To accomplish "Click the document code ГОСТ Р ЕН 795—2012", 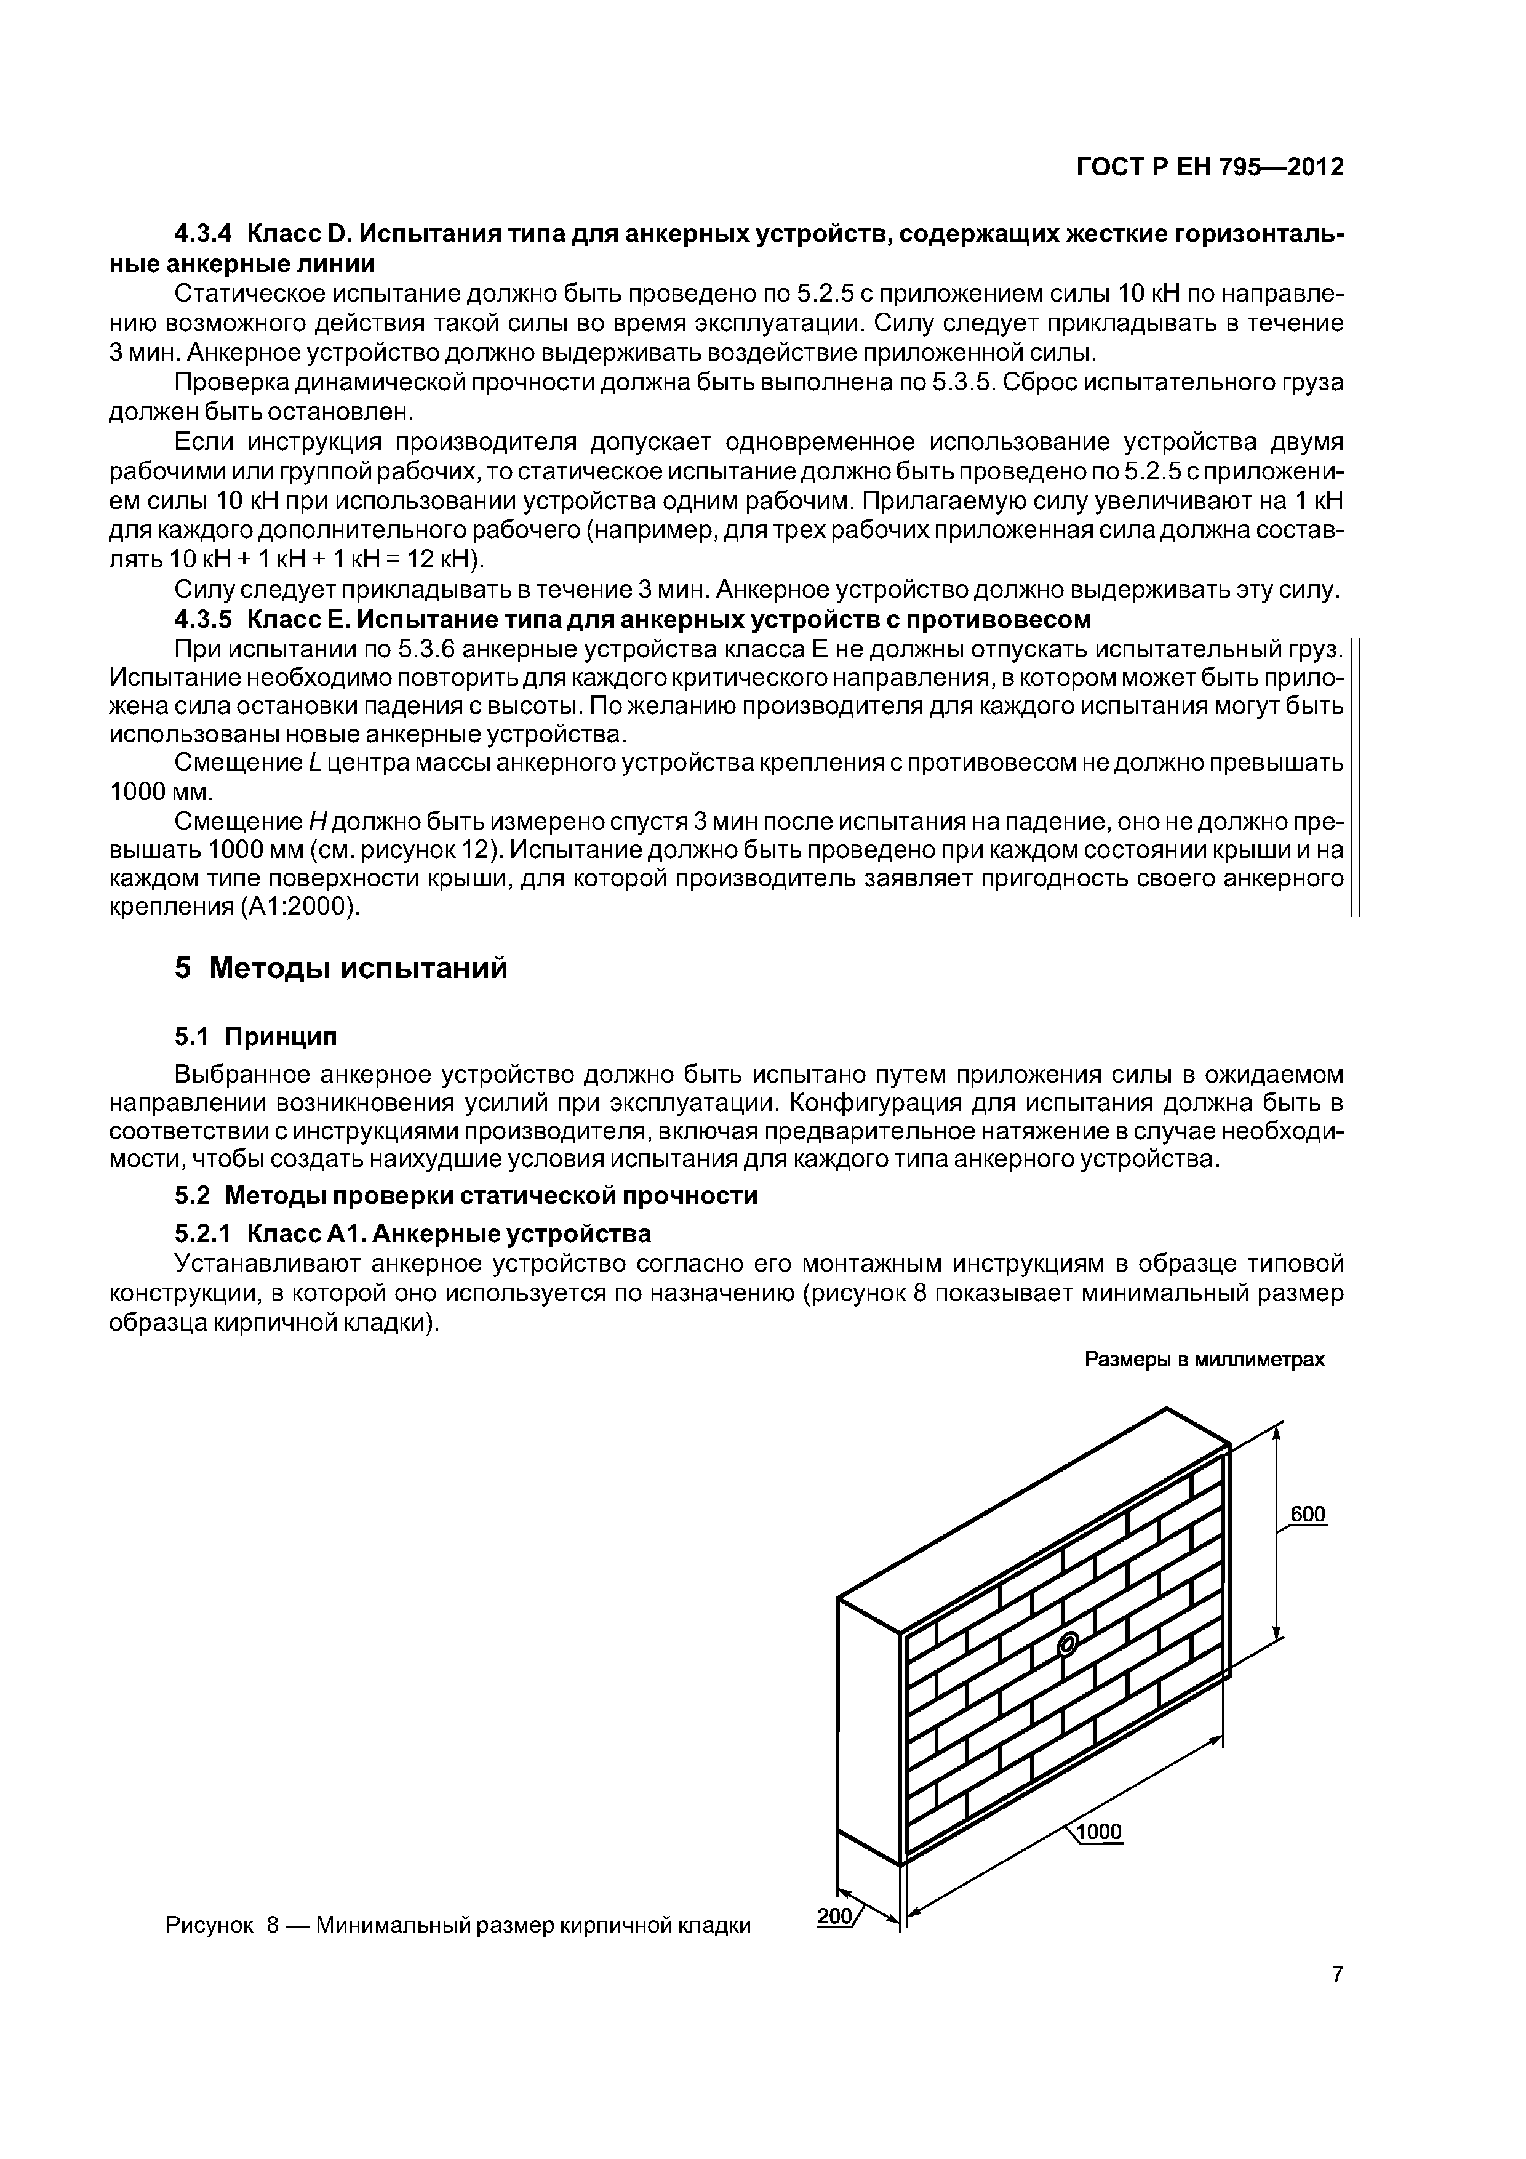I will (1209, 167).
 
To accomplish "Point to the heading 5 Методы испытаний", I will (340, 967).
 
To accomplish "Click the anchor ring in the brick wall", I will (1066, 1644).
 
